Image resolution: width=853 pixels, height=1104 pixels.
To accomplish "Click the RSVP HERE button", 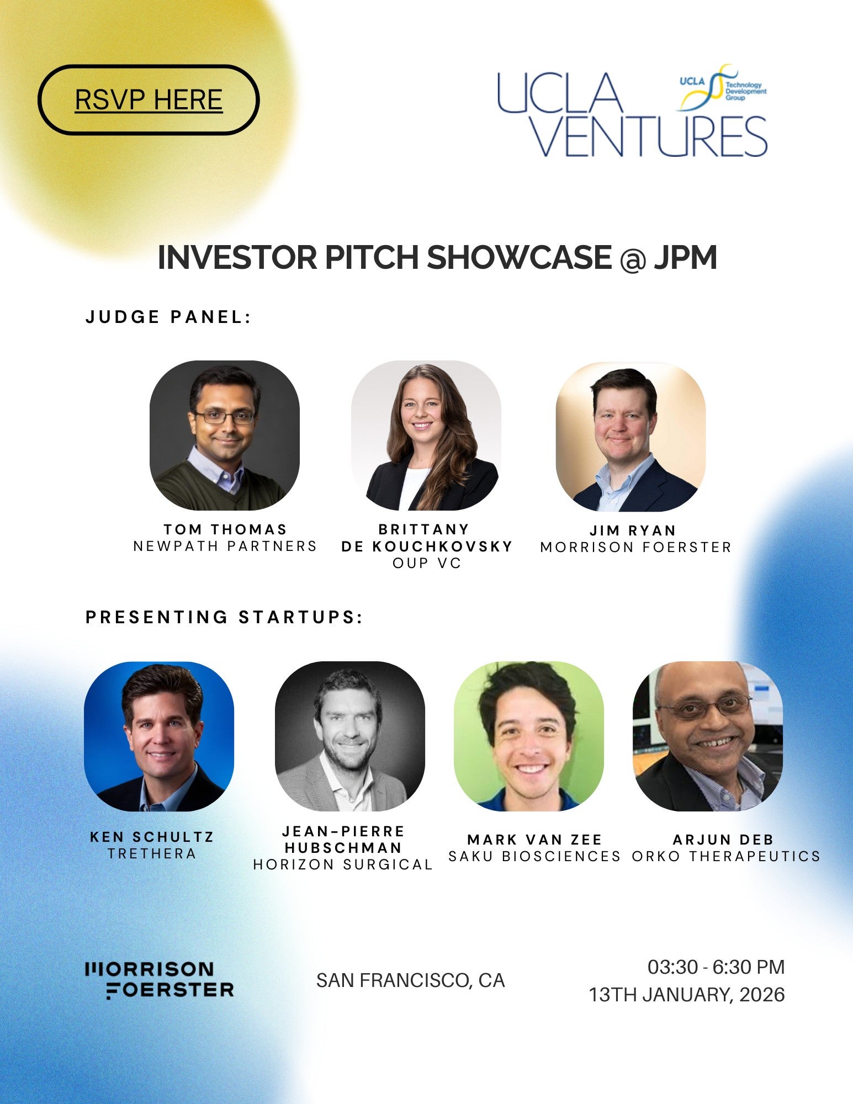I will tap(149, 100).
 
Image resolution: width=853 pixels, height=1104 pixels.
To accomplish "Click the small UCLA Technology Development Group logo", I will tap(722, 87).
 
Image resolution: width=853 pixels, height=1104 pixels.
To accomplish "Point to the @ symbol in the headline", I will tap(632, 258).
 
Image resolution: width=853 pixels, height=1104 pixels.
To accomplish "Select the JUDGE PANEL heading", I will tap(168, 317).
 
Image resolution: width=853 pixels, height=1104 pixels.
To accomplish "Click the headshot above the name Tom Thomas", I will tap(225, 435).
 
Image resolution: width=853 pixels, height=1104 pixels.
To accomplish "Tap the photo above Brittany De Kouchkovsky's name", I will tap(426, 435).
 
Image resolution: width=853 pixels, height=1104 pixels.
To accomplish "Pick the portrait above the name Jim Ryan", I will tap(631, 436).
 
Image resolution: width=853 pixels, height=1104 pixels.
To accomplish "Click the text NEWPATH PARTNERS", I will tap(225, 546).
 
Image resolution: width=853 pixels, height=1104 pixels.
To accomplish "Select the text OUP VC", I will tap(427, 564).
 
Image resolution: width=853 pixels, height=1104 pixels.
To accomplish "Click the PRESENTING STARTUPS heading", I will tap(224, 617).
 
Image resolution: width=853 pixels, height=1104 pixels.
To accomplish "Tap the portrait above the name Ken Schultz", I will tap(159, 736).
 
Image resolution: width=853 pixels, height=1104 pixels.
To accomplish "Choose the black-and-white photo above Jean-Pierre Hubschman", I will tap(350, 736).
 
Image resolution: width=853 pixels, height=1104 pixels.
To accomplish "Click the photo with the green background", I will tap(529, 736).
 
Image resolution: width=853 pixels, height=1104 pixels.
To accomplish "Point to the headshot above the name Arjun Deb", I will tap(708, 736).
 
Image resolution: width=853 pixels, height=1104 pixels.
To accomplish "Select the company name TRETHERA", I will tap(152, 854).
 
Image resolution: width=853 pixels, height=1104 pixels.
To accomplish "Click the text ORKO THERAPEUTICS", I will tap(726, 857).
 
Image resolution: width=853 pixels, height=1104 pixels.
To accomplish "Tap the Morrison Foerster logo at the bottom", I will tap(160, 980).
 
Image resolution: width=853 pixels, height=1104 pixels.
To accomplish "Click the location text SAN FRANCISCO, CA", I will tap(410, 980).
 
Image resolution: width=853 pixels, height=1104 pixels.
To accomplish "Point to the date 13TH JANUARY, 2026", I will tap(686, 995).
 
